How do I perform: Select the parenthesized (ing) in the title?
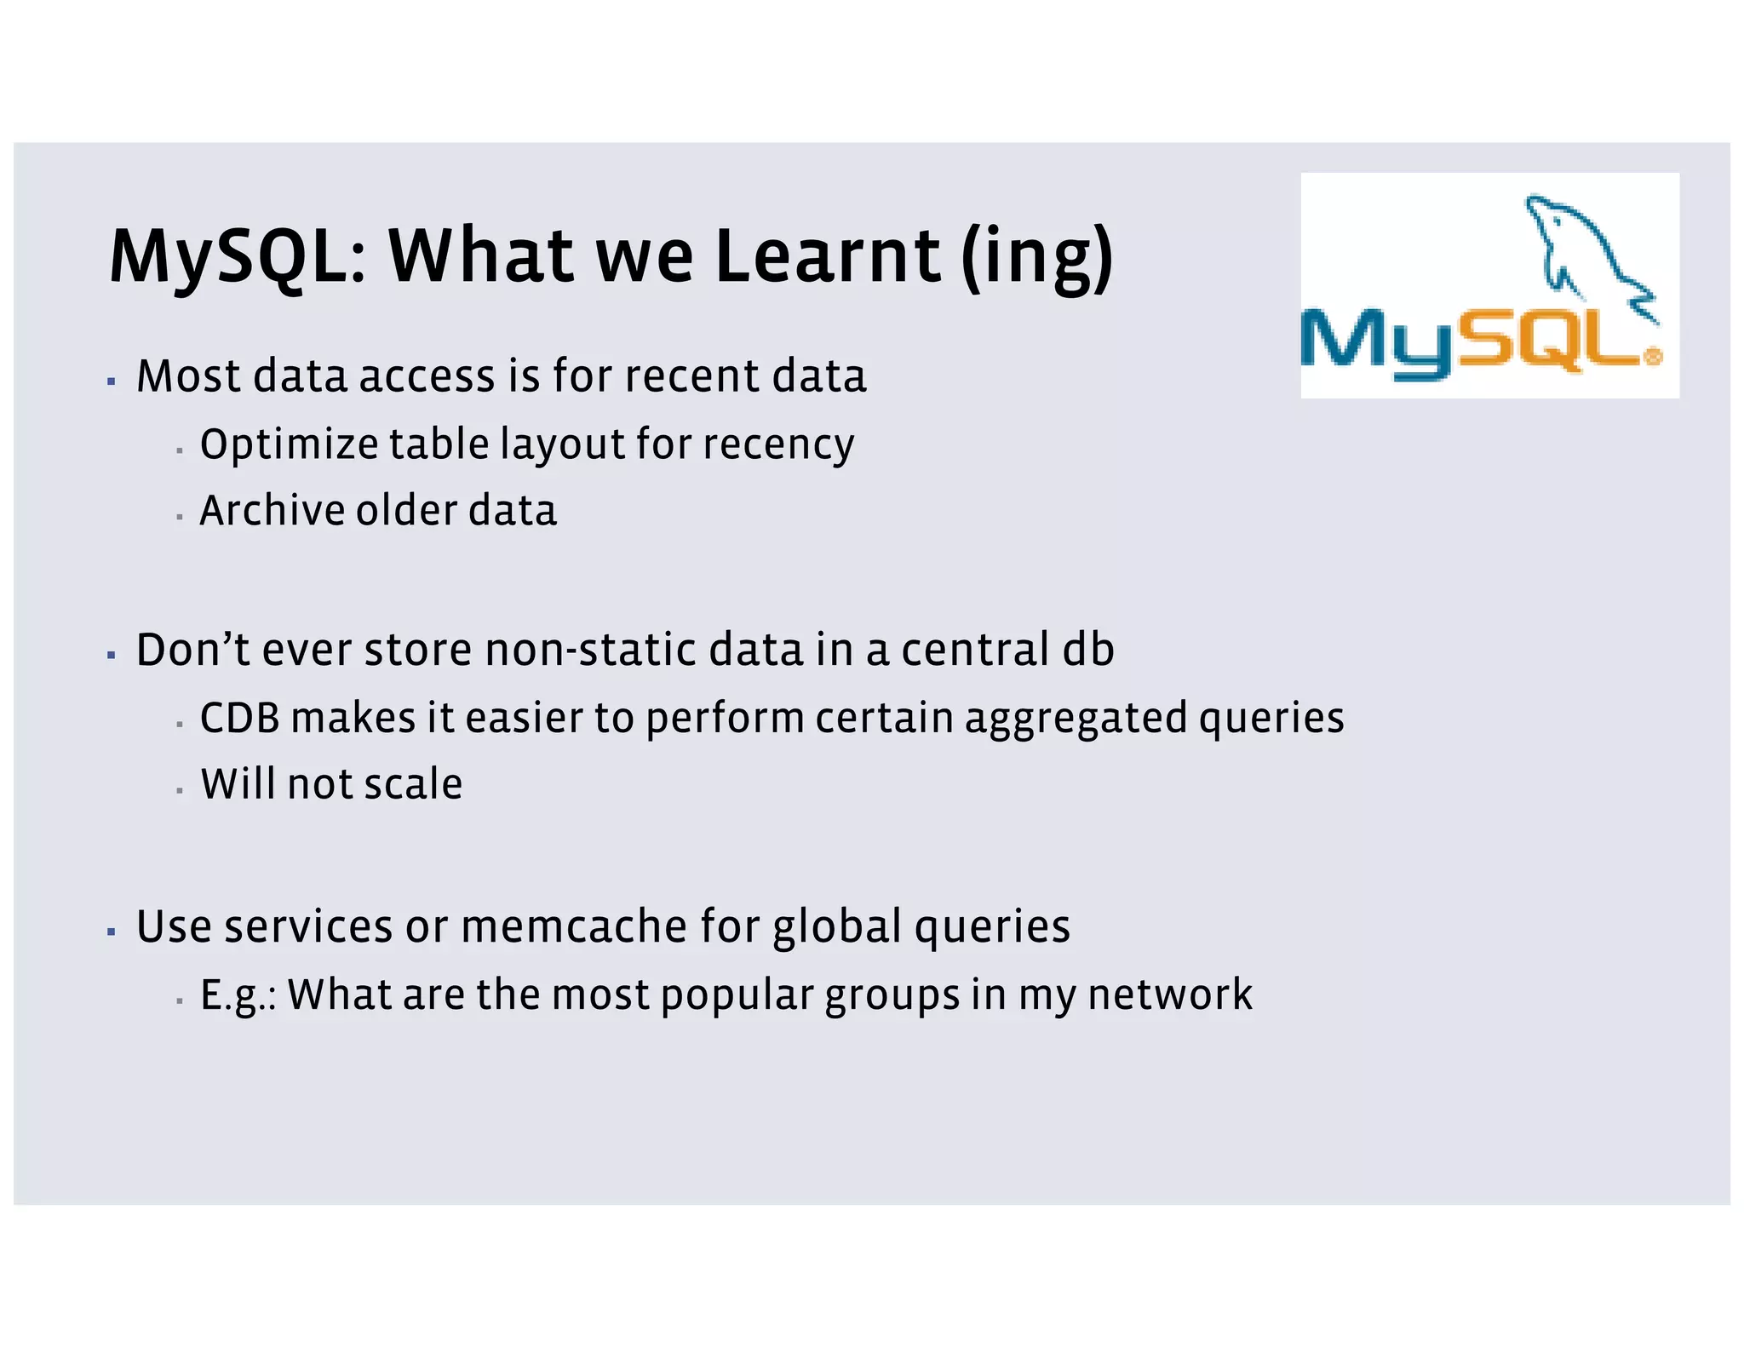pos(1036,256)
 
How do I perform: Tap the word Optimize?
pos(289,444)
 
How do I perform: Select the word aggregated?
pos(1076,718)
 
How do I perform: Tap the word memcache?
pos(574,926)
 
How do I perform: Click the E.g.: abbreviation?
pos(238,994)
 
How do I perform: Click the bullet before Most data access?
pos(112,381)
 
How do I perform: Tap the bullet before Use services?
pos(112,931)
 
